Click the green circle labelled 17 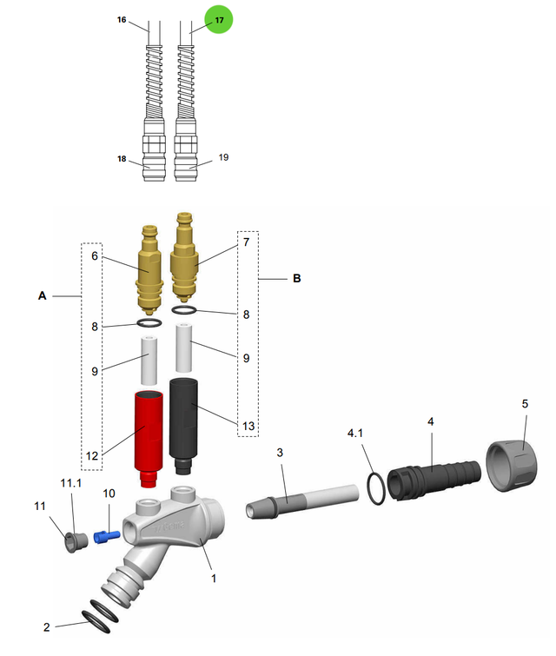[219, 19]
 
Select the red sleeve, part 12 [149, 434]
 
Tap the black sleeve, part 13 [185, 421]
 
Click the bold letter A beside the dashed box [42, 296]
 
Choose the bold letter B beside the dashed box [296, 279]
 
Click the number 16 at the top [122, 18]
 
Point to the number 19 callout [223, 158]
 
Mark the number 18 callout [122, 160]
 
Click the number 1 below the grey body [215, 575]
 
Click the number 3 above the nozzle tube [280, 453]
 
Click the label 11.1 [70, 482]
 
